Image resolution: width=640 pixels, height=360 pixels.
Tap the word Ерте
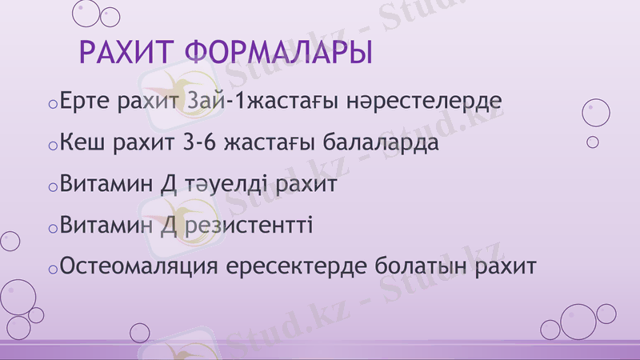pos(86,103)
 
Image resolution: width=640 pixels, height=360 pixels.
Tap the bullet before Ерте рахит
pos(52,106)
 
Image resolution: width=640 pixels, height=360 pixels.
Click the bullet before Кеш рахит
pos(52,147)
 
